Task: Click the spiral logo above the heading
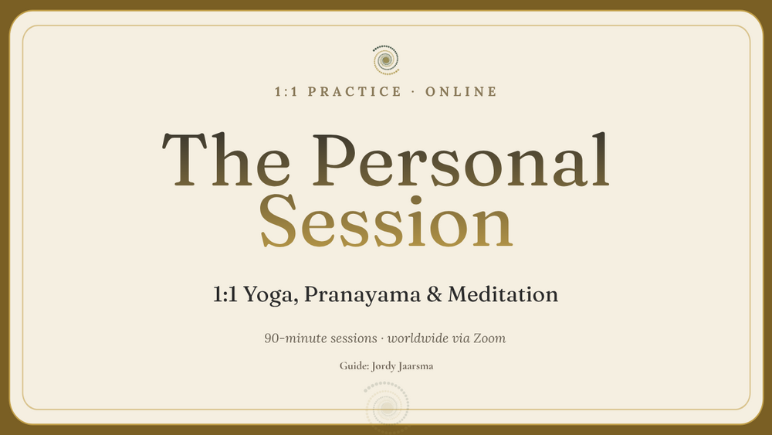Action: pos(386,60)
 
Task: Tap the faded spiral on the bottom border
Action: pos(387,407)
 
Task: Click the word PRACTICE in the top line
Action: pos(354,92)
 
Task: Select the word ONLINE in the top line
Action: pos(462,92)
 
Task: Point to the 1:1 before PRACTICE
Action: pos(286,92)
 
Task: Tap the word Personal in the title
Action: pos(462,160)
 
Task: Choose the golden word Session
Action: pos(387,221)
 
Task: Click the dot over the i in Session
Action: pos(416,201)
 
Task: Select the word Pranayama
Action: pos(362,294)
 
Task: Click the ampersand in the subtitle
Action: pos(434,294)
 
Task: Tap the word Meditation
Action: pos(503,294)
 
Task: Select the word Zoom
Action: pos(489,338)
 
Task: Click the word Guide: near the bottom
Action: pos(354,366)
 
